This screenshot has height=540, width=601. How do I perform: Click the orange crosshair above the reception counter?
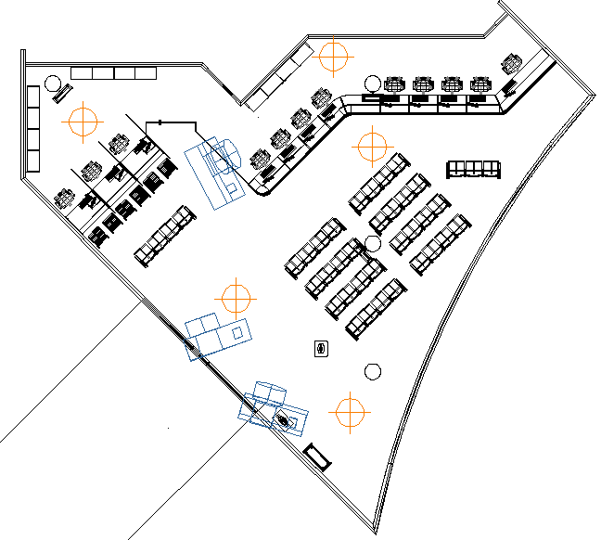point(334,56)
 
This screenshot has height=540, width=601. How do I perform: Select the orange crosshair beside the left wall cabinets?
point(82,120)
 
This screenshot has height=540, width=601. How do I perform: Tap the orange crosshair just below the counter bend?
point(372,145)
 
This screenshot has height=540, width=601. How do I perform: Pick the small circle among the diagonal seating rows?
point(373,244)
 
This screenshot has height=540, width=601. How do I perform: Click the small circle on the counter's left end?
point(371,83)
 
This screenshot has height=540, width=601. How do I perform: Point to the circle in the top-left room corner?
point(53,82)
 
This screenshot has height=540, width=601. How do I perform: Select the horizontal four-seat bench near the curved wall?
point(473,169)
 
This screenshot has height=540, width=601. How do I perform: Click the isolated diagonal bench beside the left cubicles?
point(165,236)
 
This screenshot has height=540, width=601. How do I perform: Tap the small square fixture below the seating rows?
point(321,349)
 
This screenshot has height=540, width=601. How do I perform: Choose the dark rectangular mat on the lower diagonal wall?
point(317,456)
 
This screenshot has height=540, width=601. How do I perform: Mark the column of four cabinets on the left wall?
point(33,128)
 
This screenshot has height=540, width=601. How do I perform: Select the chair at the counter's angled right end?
point(511,65)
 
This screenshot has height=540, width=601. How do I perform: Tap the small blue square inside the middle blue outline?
point(237,331)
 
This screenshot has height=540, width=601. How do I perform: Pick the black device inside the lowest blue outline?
point(284,420)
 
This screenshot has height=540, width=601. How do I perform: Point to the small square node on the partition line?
point(160,122)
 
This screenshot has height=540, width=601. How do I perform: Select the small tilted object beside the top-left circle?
point(63,92)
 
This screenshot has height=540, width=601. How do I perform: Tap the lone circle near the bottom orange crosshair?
point(373,372)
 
